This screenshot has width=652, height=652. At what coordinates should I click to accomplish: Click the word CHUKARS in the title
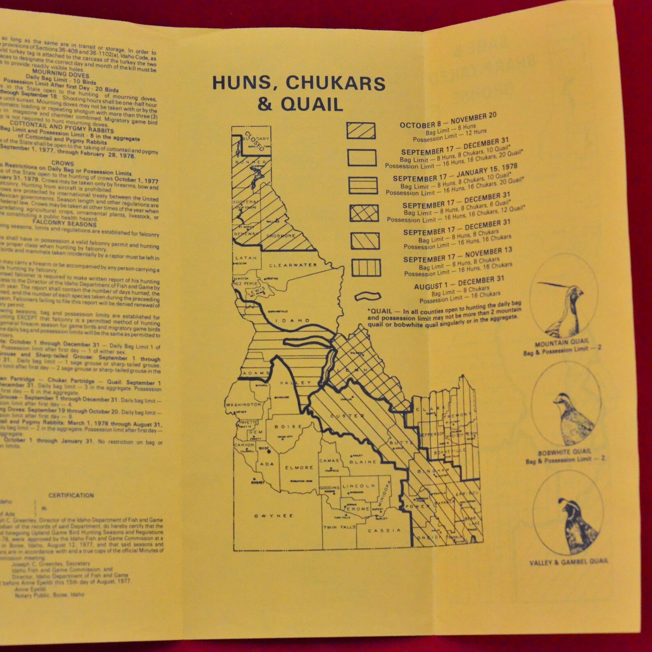pos(335,83)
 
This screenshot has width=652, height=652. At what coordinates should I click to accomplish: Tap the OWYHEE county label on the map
pos(273,516)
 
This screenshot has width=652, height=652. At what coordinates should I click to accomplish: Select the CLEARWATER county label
pos(293,265)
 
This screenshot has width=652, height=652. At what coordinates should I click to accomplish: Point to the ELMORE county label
pos(299,468)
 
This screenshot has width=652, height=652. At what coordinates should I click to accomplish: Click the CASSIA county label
pos(384,530)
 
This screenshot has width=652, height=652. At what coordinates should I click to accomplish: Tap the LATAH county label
pos(246,258)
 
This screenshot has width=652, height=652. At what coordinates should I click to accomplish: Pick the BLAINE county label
pos(363,462)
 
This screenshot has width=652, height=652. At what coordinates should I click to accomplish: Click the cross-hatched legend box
pos(364,213)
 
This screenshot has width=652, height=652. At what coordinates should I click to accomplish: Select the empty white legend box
pos(362,158)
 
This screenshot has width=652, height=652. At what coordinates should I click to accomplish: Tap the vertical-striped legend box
pos(366,268)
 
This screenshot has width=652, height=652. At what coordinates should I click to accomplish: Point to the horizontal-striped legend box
pos(363,185)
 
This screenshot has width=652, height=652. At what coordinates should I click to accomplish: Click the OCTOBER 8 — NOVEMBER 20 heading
pos(448,120)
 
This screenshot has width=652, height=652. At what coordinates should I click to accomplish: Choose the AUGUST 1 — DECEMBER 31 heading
pos(459,283)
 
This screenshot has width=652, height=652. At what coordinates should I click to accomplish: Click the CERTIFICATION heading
pos(71,495)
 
